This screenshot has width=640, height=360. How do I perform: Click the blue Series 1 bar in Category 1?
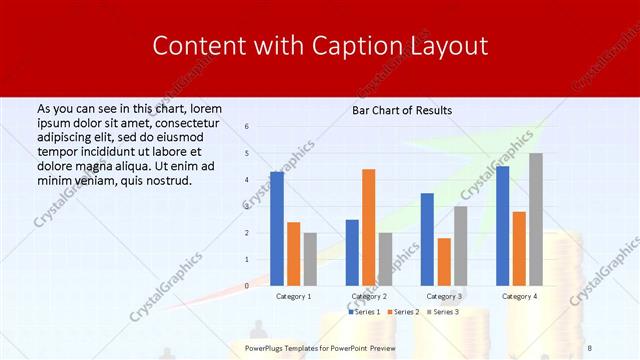click(276, 229)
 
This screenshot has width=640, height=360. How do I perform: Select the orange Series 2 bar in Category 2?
click(368, 227)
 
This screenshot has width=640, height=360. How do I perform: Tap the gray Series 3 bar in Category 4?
click(536, 219)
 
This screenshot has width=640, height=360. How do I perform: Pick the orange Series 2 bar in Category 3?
click(443, 262)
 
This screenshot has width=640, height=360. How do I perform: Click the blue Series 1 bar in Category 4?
click(502, 226)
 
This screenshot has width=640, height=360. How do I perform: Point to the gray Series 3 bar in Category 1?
click(310, 259)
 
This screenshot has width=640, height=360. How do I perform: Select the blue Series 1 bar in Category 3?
click(427, 239)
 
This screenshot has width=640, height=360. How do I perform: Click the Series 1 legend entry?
click(365, 312)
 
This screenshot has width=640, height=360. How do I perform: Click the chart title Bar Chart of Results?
click(402, 110)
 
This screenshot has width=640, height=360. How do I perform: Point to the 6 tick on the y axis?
click(246, 127)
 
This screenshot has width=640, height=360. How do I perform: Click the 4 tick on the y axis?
click(246, 180)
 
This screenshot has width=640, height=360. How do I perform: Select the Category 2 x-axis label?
click(368, 297)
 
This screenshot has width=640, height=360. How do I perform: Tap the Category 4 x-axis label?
click(518, 297)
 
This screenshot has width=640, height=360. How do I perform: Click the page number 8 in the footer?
click(589, 348)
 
